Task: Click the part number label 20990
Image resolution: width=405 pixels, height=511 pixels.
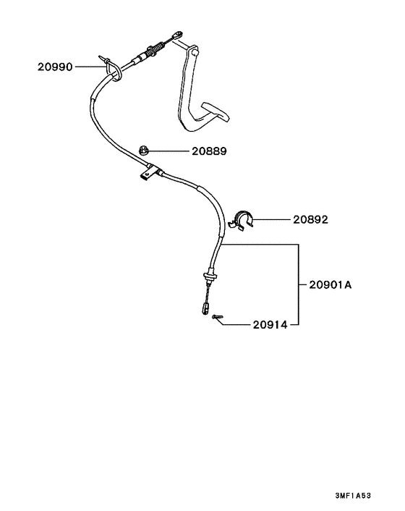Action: point(55,67)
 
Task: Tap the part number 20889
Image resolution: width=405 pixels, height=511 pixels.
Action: point(209,151)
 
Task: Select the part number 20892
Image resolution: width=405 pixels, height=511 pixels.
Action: point(310,219)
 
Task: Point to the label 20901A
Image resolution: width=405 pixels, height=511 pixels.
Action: point(331,285)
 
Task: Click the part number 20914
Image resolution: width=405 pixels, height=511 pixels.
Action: point(270,325)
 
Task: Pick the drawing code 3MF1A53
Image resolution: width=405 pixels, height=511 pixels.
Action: point(353,496)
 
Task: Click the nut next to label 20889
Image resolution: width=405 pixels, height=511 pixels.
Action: point(143,151)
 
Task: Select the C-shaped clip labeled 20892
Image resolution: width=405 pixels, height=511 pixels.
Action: point(242,220)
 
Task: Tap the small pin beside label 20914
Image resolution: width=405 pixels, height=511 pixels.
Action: point(217,316)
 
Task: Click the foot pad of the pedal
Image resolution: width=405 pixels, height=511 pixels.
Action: point(216,111)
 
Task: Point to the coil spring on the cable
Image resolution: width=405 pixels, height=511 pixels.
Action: point(155,49)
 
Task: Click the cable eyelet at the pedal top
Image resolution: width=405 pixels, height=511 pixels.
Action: point(178,35)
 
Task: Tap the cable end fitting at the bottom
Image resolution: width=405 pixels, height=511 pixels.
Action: point(205,308)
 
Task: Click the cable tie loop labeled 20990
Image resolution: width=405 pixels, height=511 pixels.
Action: point(113,69)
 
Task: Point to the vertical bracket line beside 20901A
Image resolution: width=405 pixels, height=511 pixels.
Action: point(299,284)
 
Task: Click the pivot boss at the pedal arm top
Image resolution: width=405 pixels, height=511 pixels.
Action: point(195,51)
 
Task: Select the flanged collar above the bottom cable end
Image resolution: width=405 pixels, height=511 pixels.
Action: point(210,276)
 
